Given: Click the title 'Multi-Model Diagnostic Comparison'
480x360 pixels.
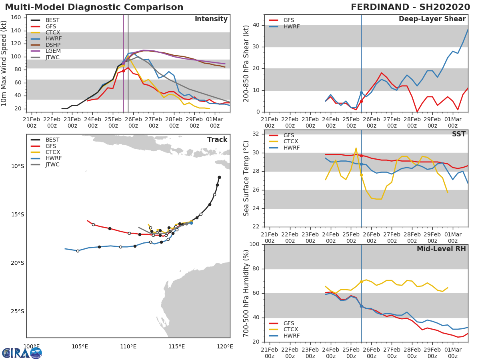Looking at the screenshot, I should pos(94,7).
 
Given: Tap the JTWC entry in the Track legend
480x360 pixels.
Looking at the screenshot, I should pos(52,165).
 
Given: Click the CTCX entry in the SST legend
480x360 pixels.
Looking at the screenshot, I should pos(290,142).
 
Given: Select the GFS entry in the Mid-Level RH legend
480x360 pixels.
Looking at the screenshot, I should pos(291,323).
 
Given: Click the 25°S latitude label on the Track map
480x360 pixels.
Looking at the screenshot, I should pos(17,312).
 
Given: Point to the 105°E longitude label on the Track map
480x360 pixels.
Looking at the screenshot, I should pos(80,346).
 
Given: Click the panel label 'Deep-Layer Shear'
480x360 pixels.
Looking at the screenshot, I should pos(432,19).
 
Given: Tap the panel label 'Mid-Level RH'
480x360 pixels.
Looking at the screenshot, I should pos(441,249).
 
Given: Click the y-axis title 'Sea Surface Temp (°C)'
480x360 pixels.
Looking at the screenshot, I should pos(246,178).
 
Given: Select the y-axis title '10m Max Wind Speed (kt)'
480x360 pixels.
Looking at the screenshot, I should pos(4,63).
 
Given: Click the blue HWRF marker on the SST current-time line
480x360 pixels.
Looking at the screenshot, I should pos(361,164).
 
